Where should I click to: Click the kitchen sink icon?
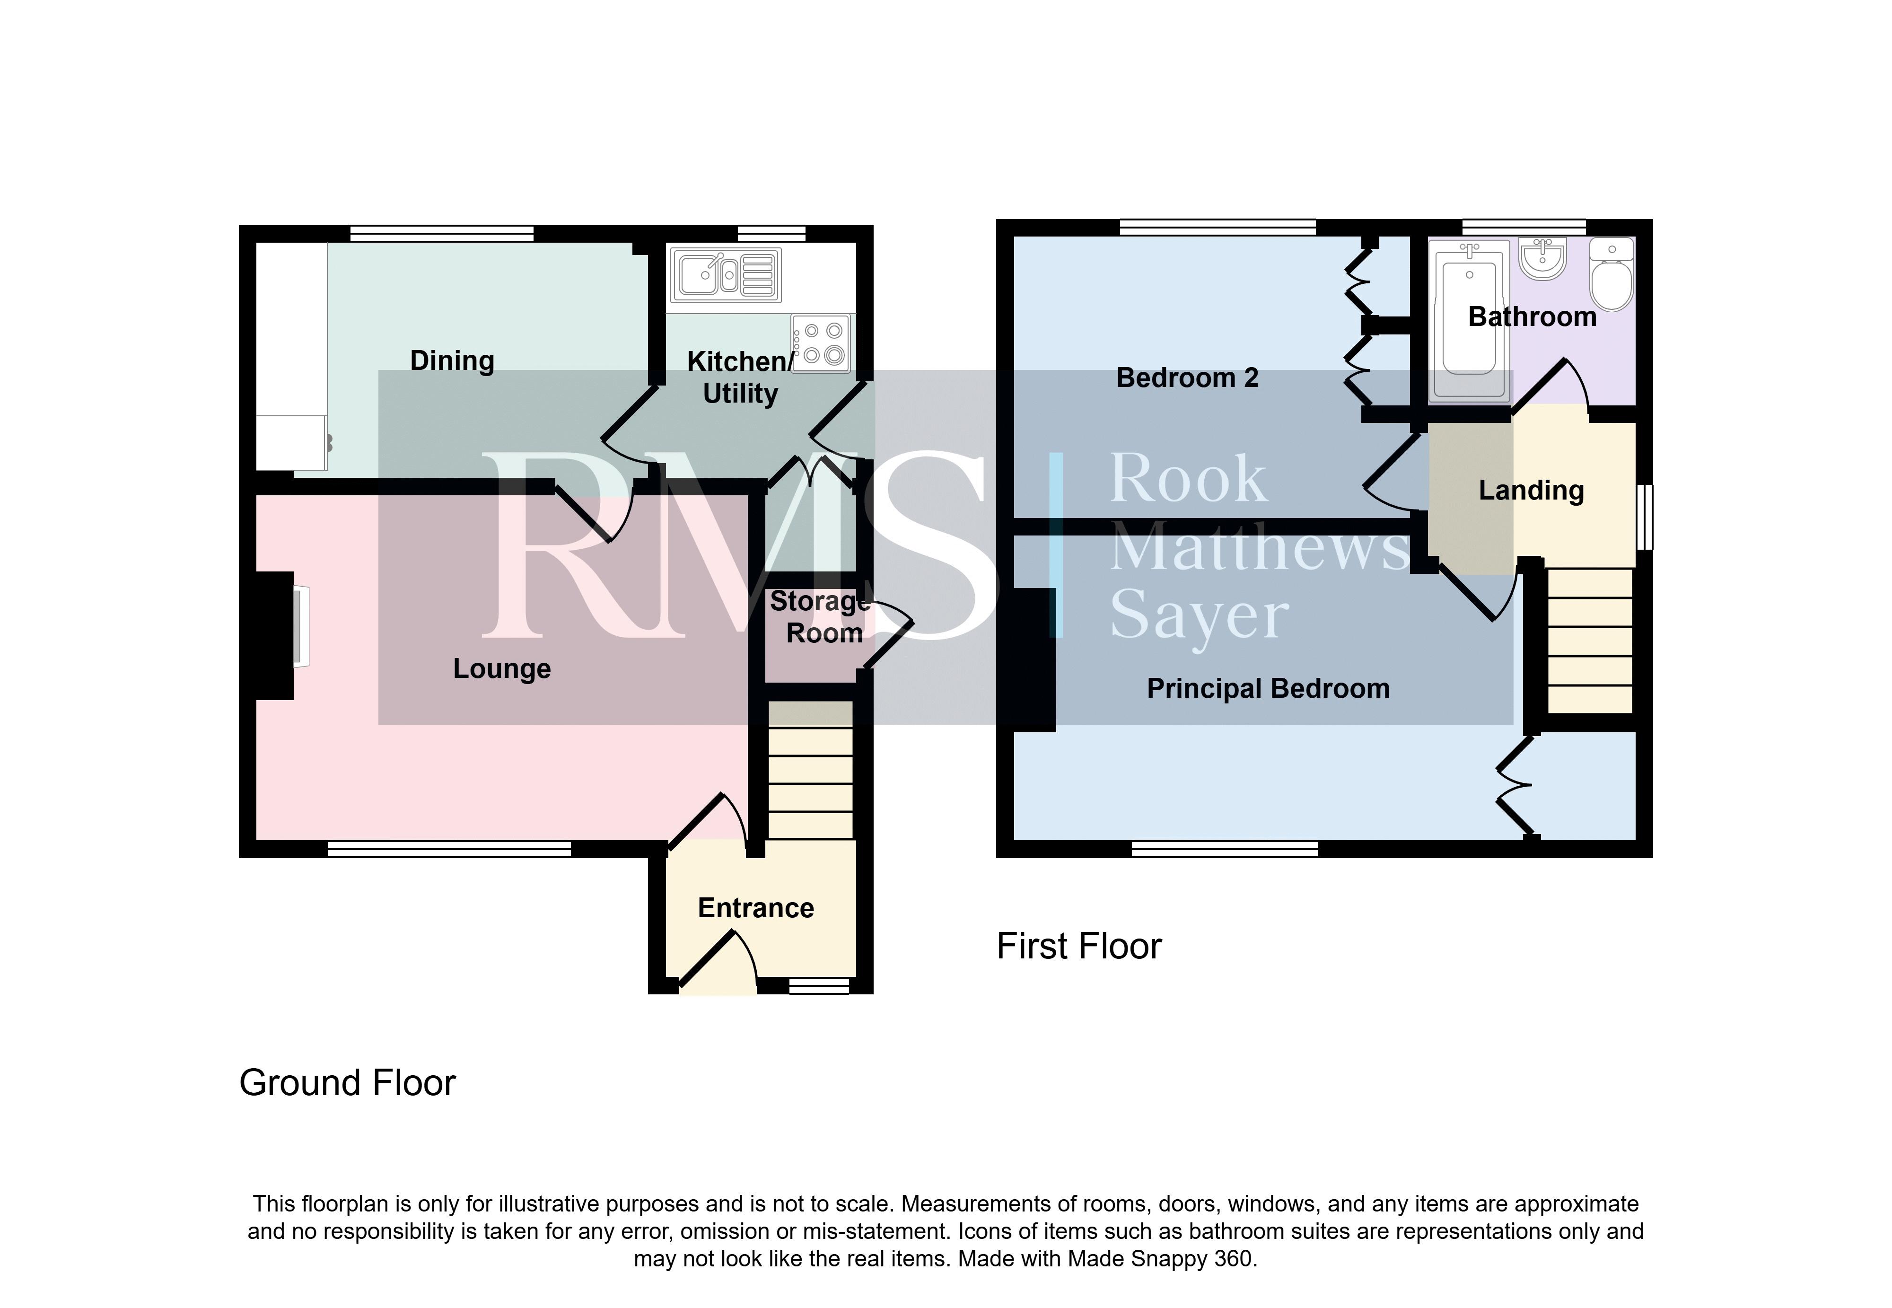[x=726, y=274]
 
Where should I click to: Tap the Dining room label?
[x=452, y=360]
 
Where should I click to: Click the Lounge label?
[x=502, y=669]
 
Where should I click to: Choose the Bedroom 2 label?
[x=1187, y=378]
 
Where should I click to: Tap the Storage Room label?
[x=819, y=617]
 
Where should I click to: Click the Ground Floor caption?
[x=348, y=1083]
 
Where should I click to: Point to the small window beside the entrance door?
[x=819, y=986]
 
